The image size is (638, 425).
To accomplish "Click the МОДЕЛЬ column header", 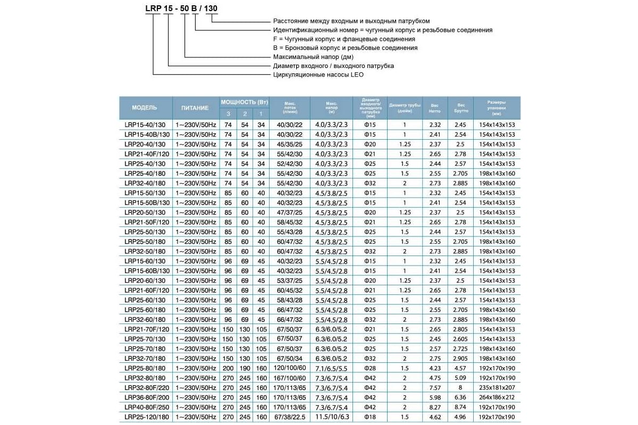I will click(x=145, y=107).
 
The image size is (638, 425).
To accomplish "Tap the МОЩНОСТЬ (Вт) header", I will click(x=245, y=101).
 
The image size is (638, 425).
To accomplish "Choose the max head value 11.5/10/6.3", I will click(x=331, y=417).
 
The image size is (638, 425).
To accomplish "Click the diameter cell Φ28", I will click(x=370, y=368).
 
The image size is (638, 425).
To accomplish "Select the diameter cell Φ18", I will click(x=370, y=417).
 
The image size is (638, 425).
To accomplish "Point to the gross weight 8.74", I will click(x=460, y=407).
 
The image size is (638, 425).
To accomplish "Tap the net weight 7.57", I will click(x=435, y=387).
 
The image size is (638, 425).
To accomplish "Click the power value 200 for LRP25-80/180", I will click(x=228, y=368).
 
